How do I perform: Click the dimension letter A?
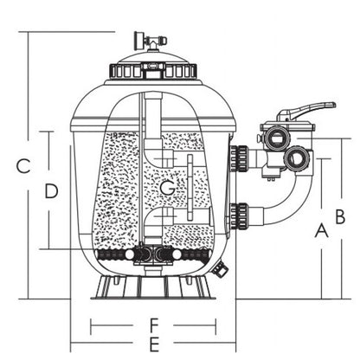[x=321, y=230]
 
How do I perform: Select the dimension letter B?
[x=340, y=216]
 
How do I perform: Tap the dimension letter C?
[x=23, y=165]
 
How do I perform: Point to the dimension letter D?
[x=51, y=191]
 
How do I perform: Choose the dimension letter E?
[x=154, y=344]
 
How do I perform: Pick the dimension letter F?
[x=154, y=325]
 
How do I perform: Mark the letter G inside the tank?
[x=167, y=188]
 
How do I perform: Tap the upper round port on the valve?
[x=276, y=138]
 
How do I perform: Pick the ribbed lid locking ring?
[x=153, y=70]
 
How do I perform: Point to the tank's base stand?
[x=153, y=287]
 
